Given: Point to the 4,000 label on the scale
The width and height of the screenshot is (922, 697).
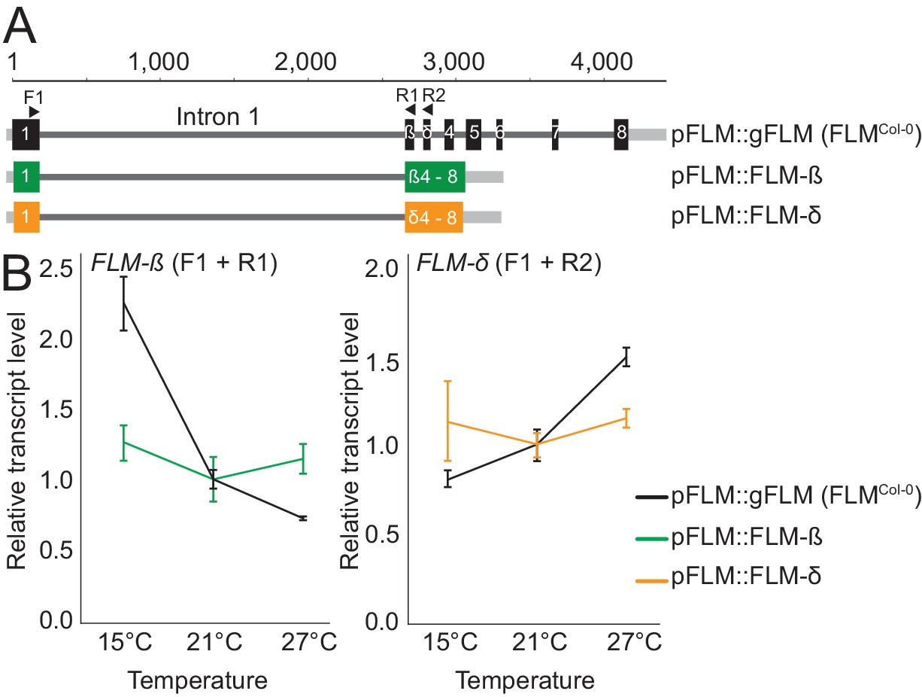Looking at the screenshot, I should (x=604, y=60).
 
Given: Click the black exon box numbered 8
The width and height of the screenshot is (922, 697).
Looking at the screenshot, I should (x=620, y=135).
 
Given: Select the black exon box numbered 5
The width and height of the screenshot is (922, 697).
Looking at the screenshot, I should (x=473, y=135).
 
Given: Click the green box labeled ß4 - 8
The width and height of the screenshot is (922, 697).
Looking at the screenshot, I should (x=435, y=176).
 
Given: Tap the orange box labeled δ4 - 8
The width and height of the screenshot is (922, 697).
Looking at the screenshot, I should (x=434, y=217).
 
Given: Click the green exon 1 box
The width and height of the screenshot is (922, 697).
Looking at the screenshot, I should (x=26, y=176).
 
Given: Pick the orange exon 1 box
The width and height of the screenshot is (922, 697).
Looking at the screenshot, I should (x=26, y=217).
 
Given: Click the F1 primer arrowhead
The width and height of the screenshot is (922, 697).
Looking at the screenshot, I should (x=34, y=111).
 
